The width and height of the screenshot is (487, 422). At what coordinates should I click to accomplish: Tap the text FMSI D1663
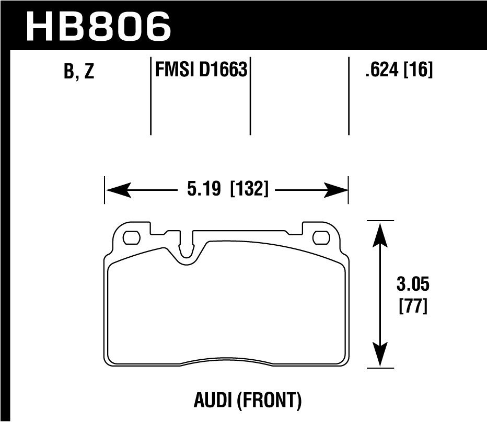click(201, 70)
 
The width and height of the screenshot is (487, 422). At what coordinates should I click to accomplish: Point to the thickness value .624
click(382, 70)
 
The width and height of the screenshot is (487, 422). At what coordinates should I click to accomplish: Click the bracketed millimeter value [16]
click(419, 70)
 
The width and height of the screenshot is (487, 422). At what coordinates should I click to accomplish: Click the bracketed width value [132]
click(249, 189)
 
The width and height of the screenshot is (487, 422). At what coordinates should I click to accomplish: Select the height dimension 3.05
click(413, 286)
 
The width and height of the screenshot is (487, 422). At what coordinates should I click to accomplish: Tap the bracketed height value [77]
click(413, 306)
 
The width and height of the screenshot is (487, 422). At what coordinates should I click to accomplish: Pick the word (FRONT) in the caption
click(270, 401)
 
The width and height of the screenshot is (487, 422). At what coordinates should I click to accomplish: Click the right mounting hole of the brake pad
click(319, 238)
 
